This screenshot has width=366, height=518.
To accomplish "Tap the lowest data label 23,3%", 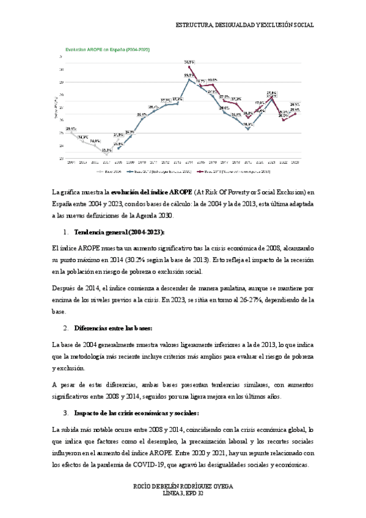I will pyautogui.click(x=106, y=150).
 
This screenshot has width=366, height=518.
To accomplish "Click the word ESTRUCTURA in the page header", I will pyautogui.click(x=194, y=26).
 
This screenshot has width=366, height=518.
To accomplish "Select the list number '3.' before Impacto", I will pyautogui.click(x=66, y=413).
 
